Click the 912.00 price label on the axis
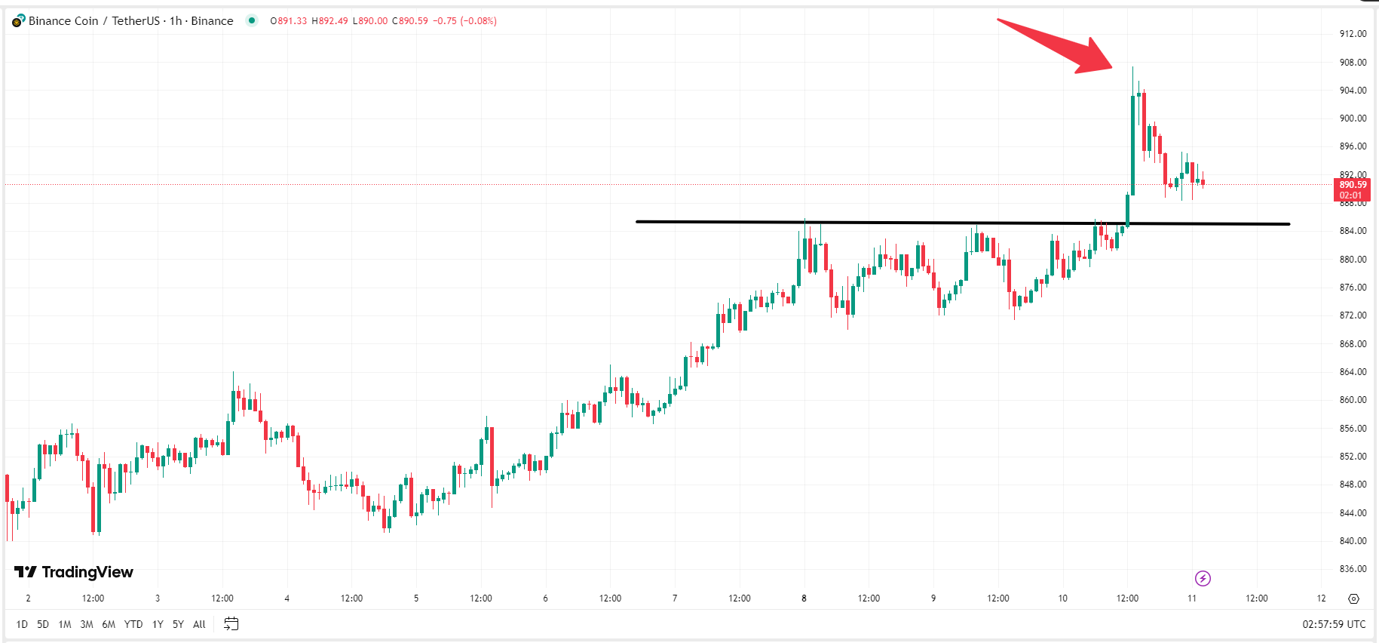point(1353,34)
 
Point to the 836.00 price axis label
point(1353,569)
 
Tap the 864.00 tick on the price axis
point(1353,372)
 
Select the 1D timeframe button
point(22,624)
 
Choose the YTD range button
point(133,624)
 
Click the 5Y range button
point(178,624)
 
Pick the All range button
point(199,624)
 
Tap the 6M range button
point(109,624)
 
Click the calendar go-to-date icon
point(231,624)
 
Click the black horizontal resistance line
point(905,223)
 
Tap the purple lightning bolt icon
point(1203,579)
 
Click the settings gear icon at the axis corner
point(1353,598)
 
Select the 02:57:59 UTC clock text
point(1334,624)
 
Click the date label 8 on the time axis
point(804,598)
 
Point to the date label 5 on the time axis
point(416,598)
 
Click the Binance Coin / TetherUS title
point(94,21)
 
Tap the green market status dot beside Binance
point(252,20)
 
